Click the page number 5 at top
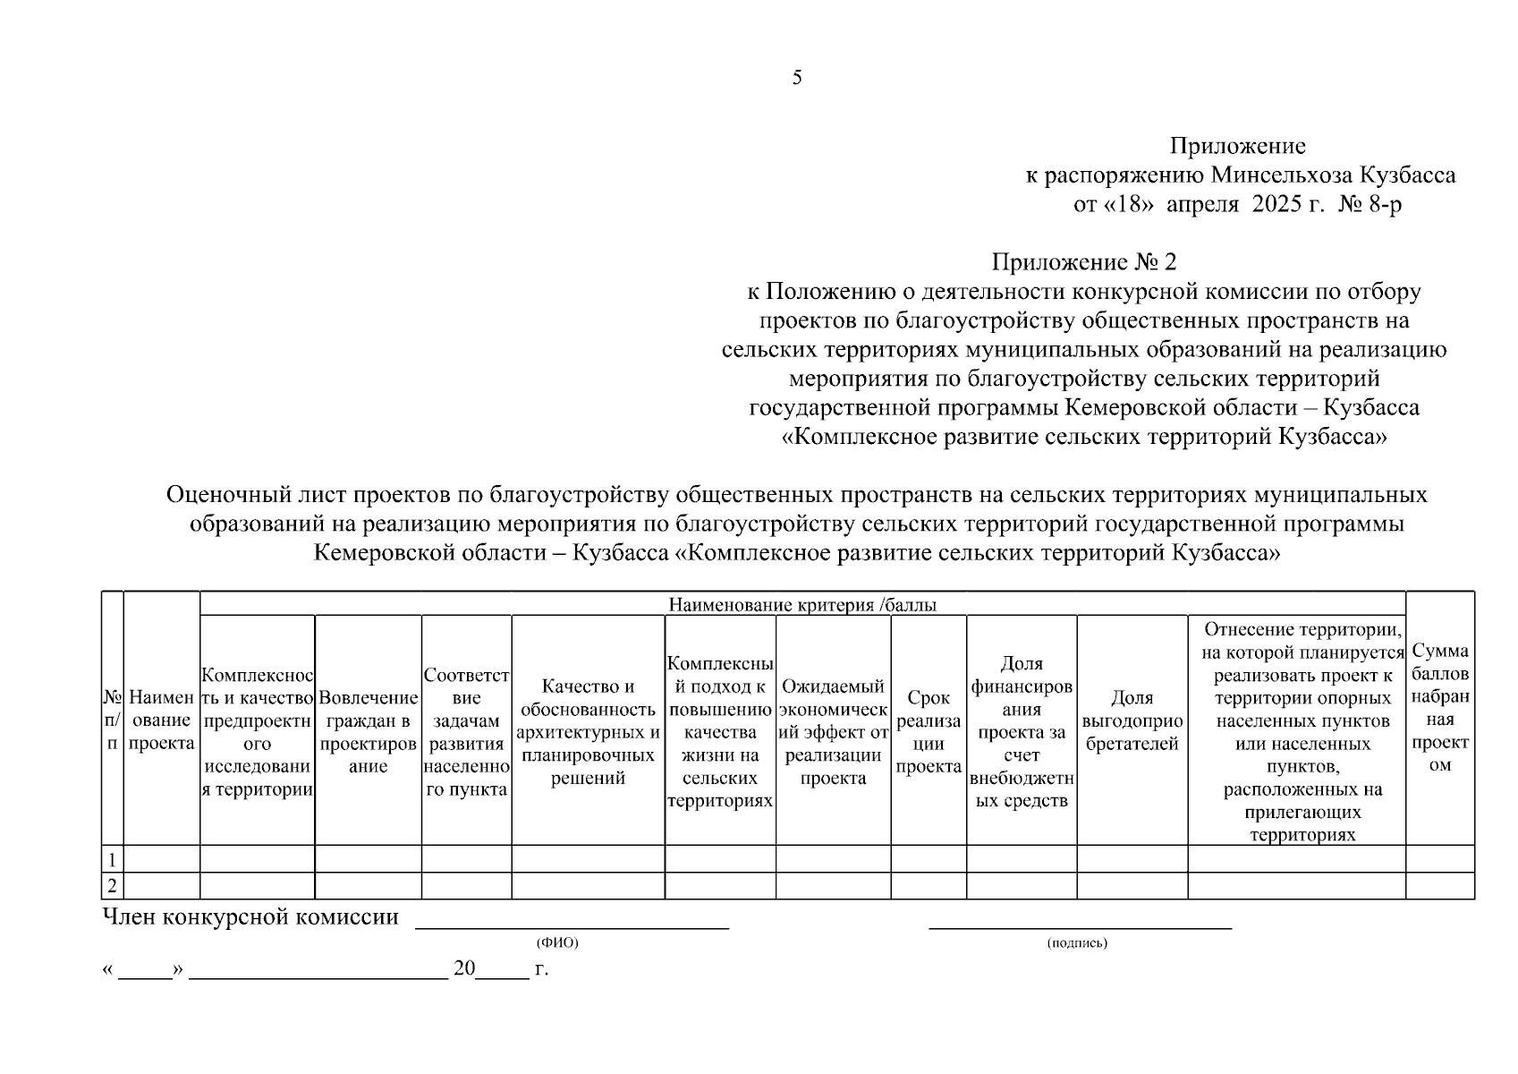click(x=796, y=78)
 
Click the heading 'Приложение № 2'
click(x=1083, y=262)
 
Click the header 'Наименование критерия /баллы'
click(x=802, y=605)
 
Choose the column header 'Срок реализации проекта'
click(x=929, y=731)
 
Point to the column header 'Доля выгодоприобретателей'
click(x=1132, y=720)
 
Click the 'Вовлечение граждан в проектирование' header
click(x=368, y=731)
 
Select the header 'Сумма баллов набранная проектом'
click(x=1439, y=708)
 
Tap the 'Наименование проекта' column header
click(x=162, y=720)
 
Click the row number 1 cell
click(x=113, y=859)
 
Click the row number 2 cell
click(x=113, y=886)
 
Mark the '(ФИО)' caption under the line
click(x=557, y=942)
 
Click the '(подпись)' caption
click(x=1077, y=942)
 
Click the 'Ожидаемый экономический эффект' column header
click(x=833, y=731)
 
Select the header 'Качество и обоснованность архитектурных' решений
click(x=588, y=731)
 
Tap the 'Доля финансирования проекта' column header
click(x=1022, y=731)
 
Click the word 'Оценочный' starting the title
click(x=225, y=494)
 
